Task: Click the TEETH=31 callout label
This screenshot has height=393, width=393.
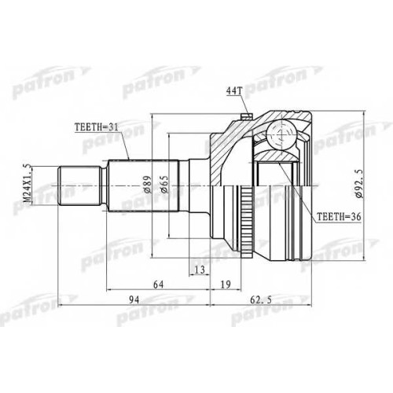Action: (x=96, y=127)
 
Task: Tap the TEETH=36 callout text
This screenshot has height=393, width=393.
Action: (x=339, y=217)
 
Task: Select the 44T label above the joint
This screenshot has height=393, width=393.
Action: (x=234, y=91)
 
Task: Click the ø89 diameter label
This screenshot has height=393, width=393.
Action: (x=147, y=184)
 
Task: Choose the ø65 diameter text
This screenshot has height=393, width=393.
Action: (x=163, y=185)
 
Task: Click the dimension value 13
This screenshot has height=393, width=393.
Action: (x=200, y=270)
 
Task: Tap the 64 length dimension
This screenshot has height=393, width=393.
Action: (x=158, y=285)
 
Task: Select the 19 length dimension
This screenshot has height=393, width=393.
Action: (x=226, y=285)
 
